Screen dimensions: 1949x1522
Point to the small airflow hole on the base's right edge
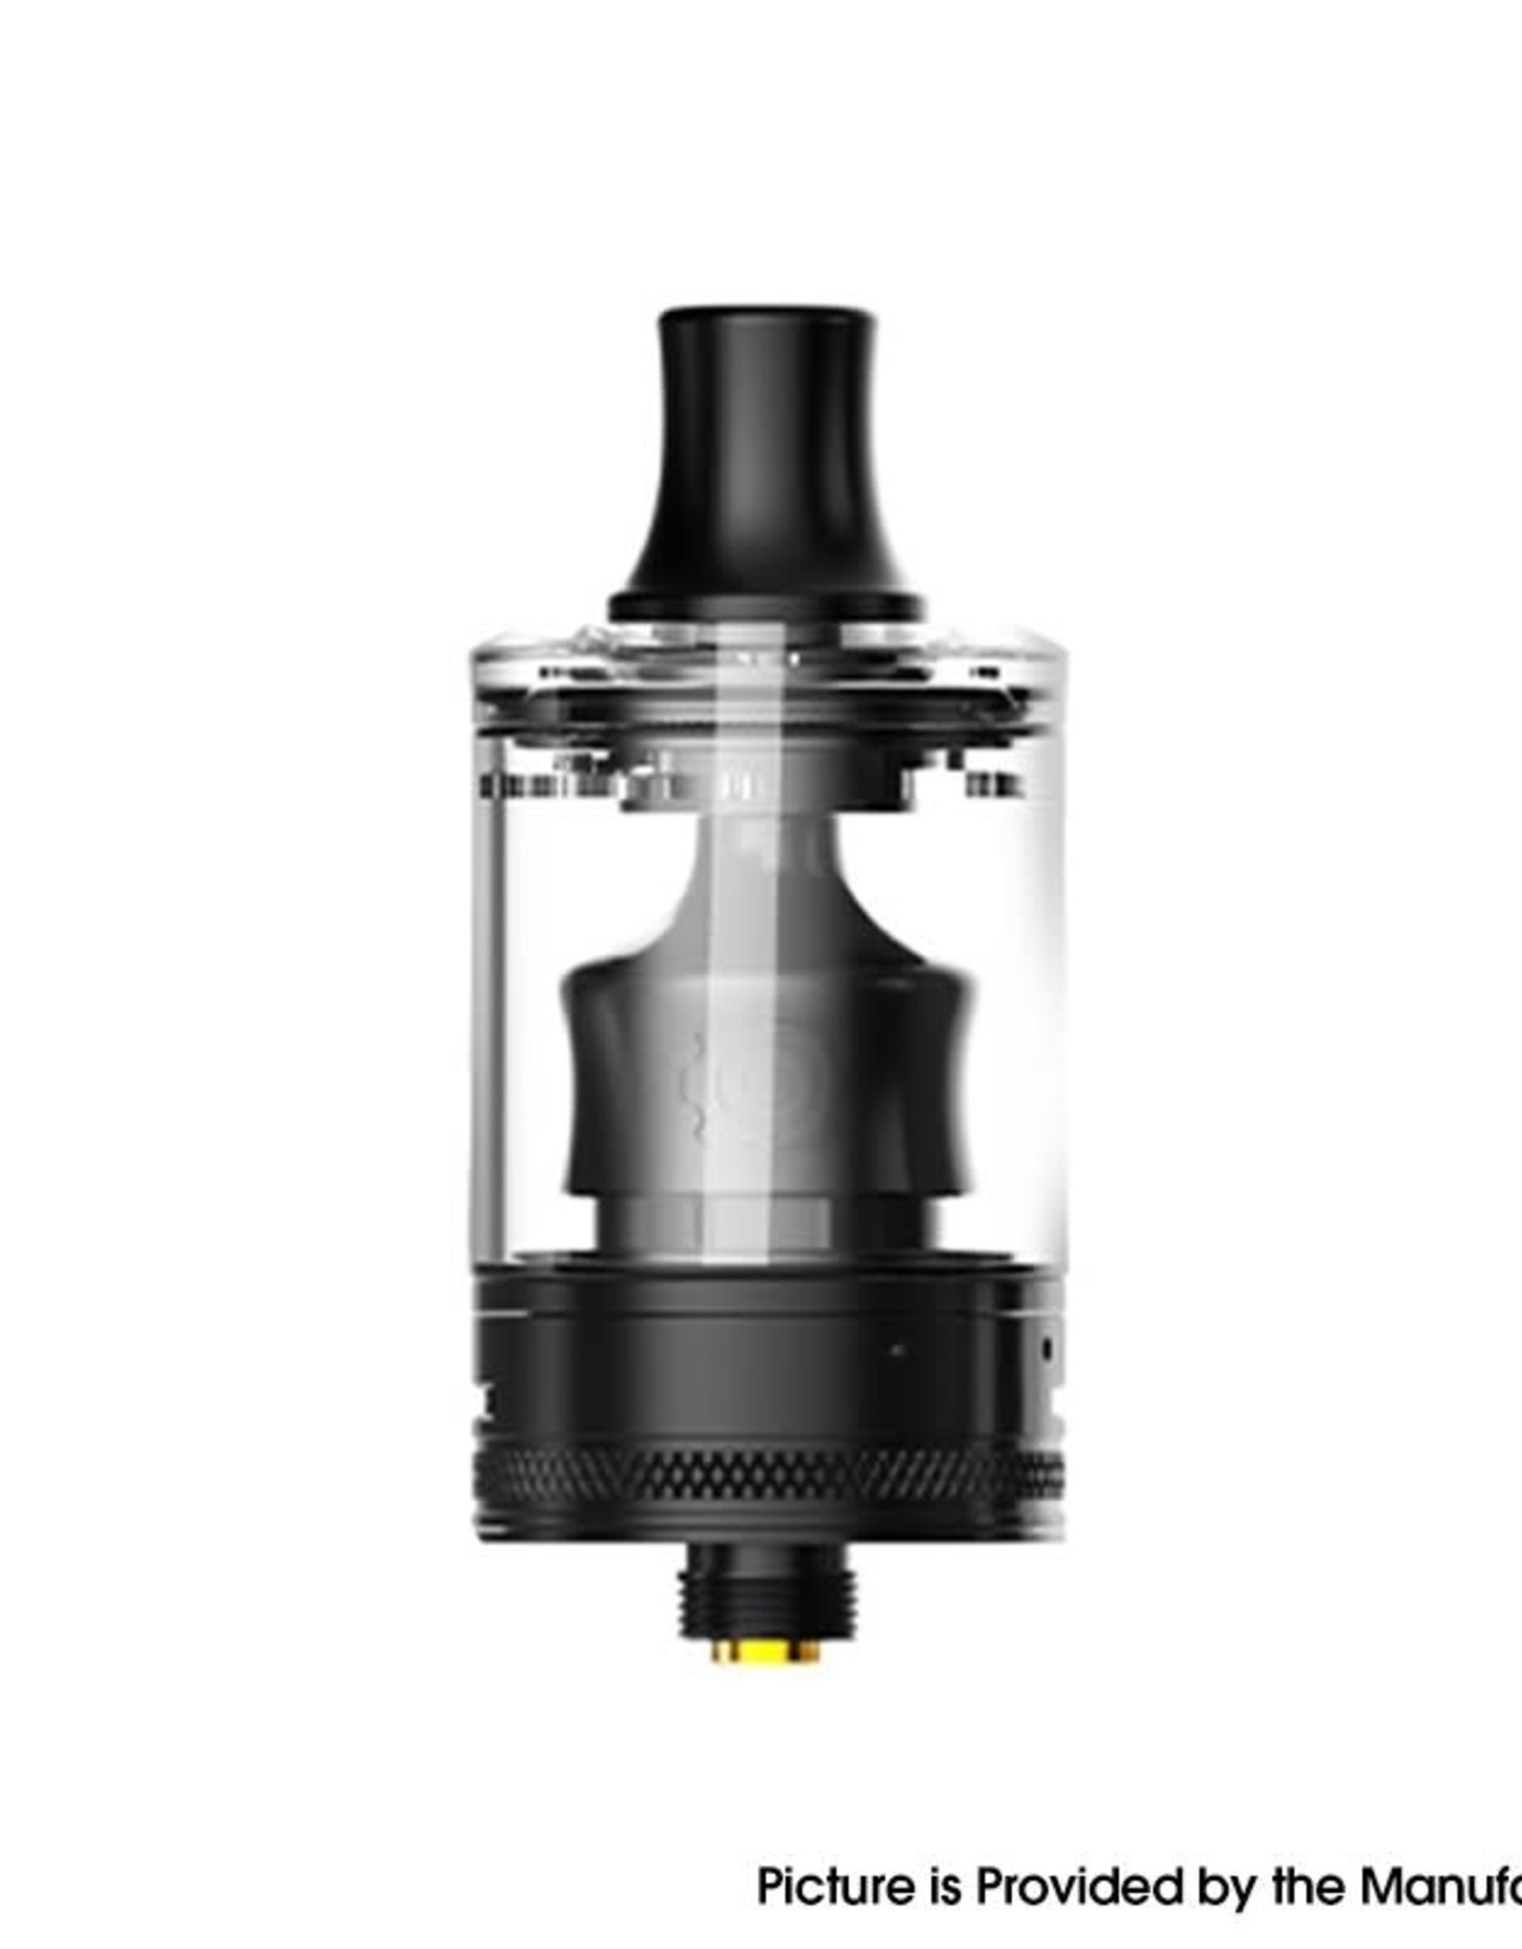coord(1047,1349)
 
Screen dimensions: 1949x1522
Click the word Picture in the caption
coord(834,1860)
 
